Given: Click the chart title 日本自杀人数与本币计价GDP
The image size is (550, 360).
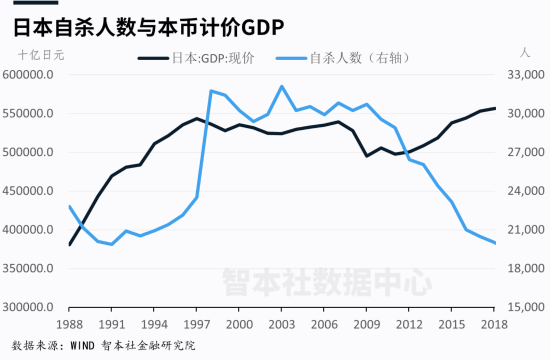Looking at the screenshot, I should [x=148, y=28].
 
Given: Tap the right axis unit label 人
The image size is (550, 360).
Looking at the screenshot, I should [x=525, y=52].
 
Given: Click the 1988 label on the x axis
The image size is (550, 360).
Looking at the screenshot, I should [x=69, y=324].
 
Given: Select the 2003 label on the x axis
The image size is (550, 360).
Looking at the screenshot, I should [x=281, y=324].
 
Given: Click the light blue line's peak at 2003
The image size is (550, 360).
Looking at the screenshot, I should [x=281, y=86].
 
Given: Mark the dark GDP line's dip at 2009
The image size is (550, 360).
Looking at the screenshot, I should [x=367, y=156].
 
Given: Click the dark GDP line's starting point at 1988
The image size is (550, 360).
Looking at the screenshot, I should [x=69, y=244].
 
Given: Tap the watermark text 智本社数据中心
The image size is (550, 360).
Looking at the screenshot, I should [x=326, y=281].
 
